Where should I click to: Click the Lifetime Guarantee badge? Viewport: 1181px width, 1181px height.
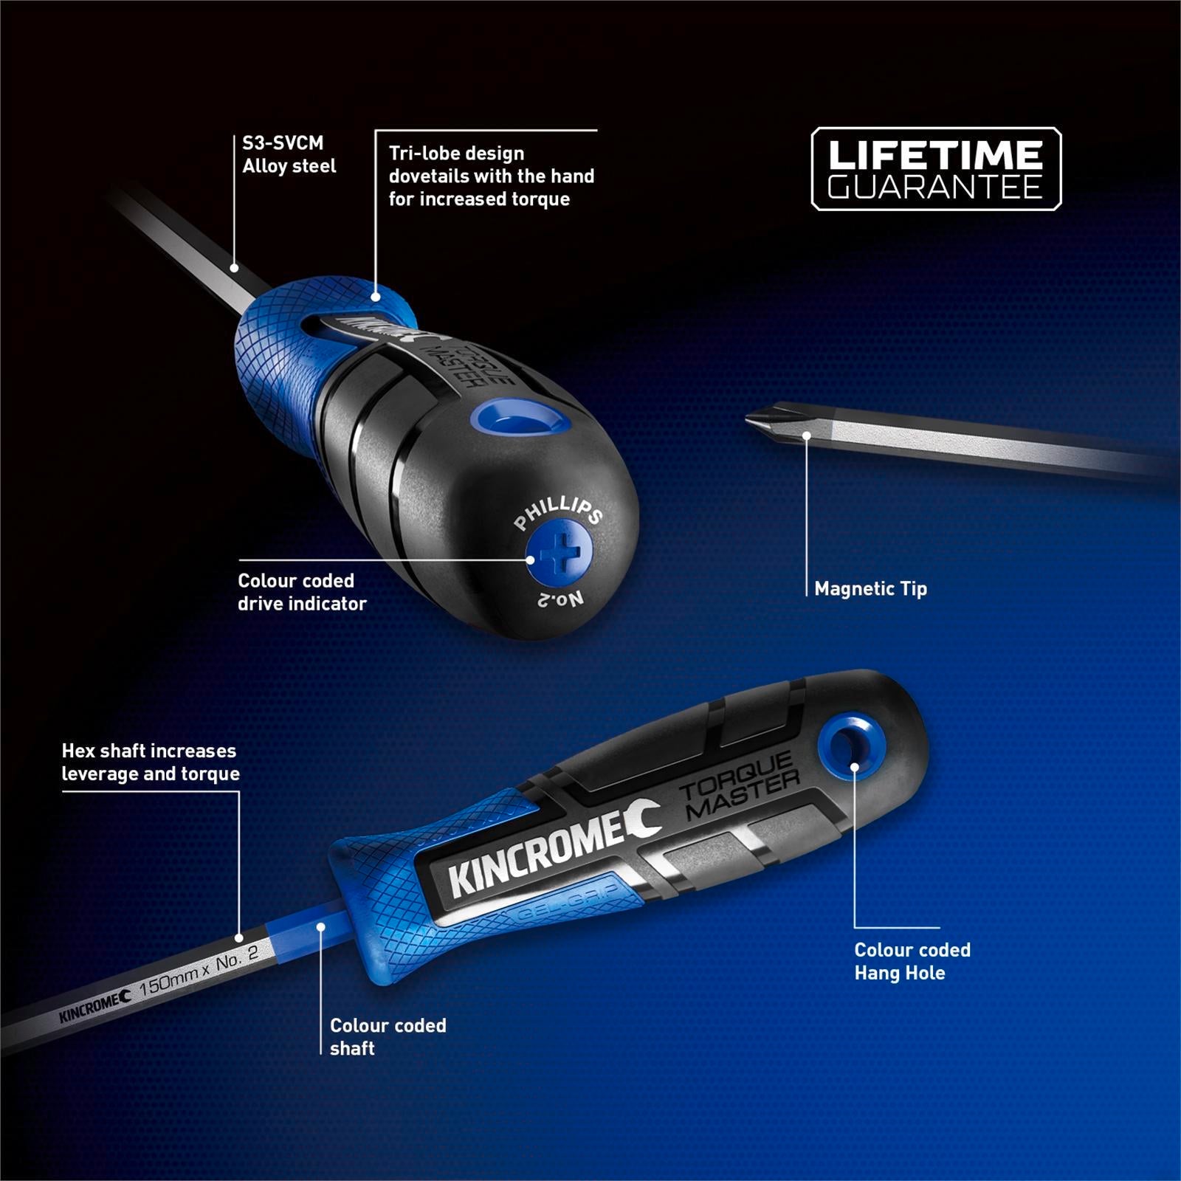point(936,169)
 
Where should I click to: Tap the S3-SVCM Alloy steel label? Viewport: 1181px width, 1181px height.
point(289,154)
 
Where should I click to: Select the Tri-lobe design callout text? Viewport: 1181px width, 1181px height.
point(491,176)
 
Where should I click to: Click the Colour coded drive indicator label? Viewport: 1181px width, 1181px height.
point(302,592)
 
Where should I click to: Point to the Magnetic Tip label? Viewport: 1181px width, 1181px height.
point(870,589)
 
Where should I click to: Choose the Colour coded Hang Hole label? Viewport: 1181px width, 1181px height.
point(912,961)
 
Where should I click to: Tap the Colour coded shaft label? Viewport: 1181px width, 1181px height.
point(388,1036)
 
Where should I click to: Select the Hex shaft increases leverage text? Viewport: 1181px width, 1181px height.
point(151,762)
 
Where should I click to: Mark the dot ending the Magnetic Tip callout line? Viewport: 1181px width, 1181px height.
point(807,435)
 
